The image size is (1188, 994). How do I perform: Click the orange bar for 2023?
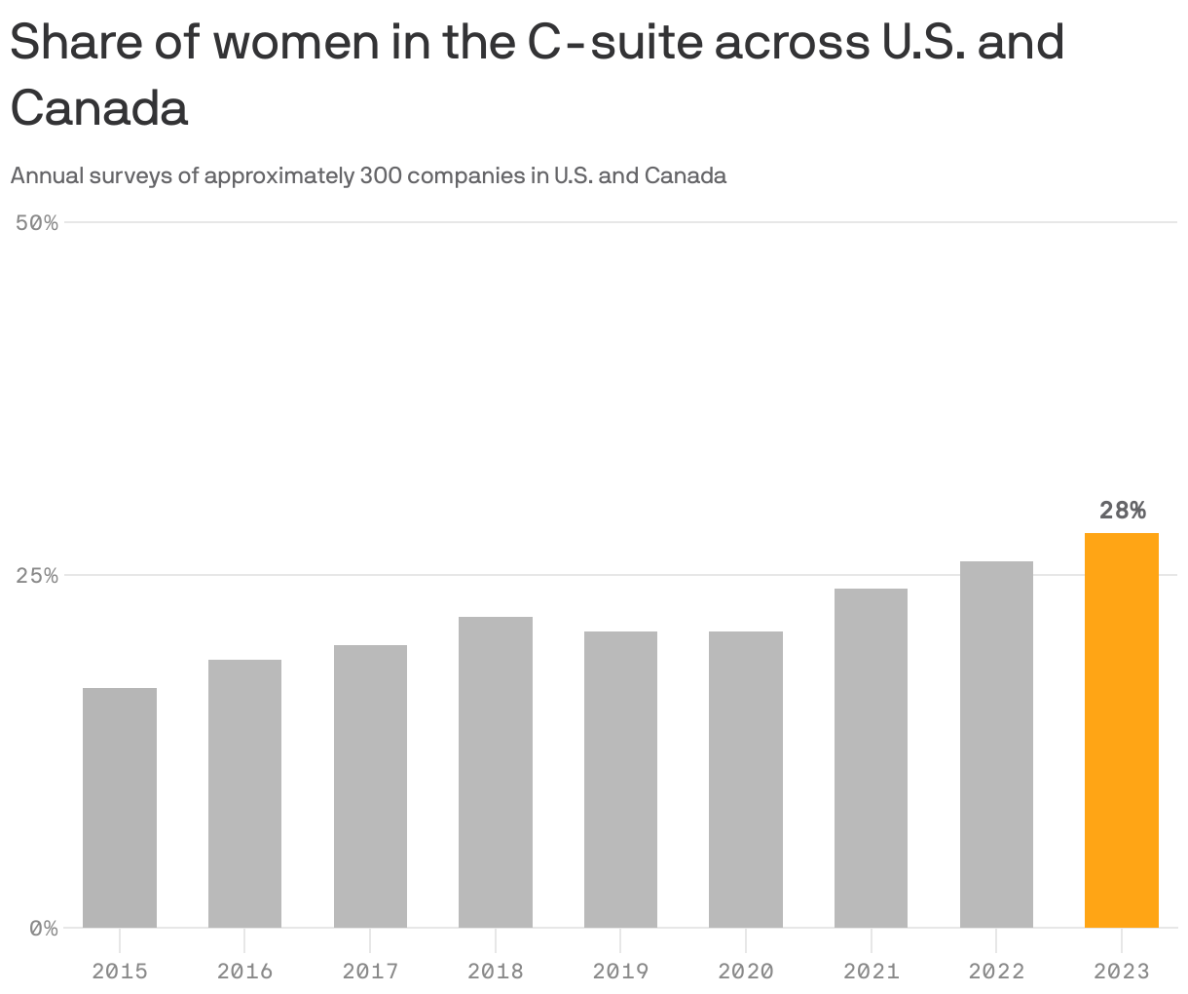(1121, 730)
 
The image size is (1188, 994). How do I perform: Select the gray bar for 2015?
(120, 808)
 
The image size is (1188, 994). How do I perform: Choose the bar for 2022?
(996, 745)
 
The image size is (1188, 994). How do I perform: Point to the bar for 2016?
(244, 793)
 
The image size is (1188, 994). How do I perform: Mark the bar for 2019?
(620, 780)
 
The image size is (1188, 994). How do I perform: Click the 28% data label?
(1122, 510)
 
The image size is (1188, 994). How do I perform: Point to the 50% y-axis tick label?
(37, 223)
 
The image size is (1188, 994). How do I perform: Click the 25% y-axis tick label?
(37, 576)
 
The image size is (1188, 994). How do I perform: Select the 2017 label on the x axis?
(370, 971)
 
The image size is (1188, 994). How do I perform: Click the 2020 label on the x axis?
(745, 971)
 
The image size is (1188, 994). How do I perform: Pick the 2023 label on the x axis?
(1121, 971)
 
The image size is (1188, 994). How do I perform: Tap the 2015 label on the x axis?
(120, 971)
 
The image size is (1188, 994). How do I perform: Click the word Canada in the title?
(98, 108)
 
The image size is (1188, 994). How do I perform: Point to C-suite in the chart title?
(614, 42)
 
